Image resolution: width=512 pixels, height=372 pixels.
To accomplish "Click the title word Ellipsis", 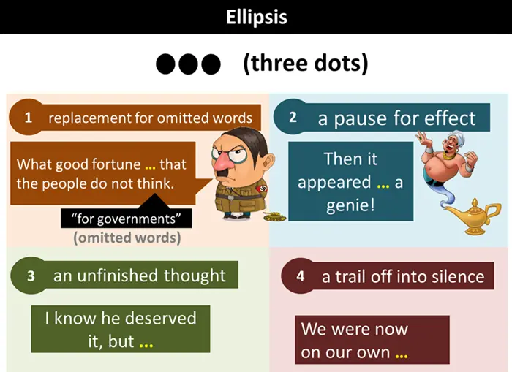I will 255,16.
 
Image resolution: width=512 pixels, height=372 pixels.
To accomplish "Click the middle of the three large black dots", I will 188,64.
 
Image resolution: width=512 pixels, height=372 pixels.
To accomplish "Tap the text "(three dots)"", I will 305,64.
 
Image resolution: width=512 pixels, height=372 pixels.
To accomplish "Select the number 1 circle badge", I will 28,117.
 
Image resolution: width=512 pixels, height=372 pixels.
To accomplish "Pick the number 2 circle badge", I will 293,117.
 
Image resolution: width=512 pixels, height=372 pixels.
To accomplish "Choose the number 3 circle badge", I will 30,276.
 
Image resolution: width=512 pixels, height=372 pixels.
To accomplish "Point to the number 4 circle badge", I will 301,277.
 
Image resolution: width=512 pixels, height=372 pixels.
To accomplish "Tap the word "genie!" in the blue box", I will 350,205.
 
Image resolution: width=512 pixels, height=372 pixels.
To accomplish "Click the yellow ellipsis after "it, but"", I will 146,343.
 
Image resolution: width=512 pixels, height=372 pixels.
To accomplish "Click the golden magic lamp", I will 473,217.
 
